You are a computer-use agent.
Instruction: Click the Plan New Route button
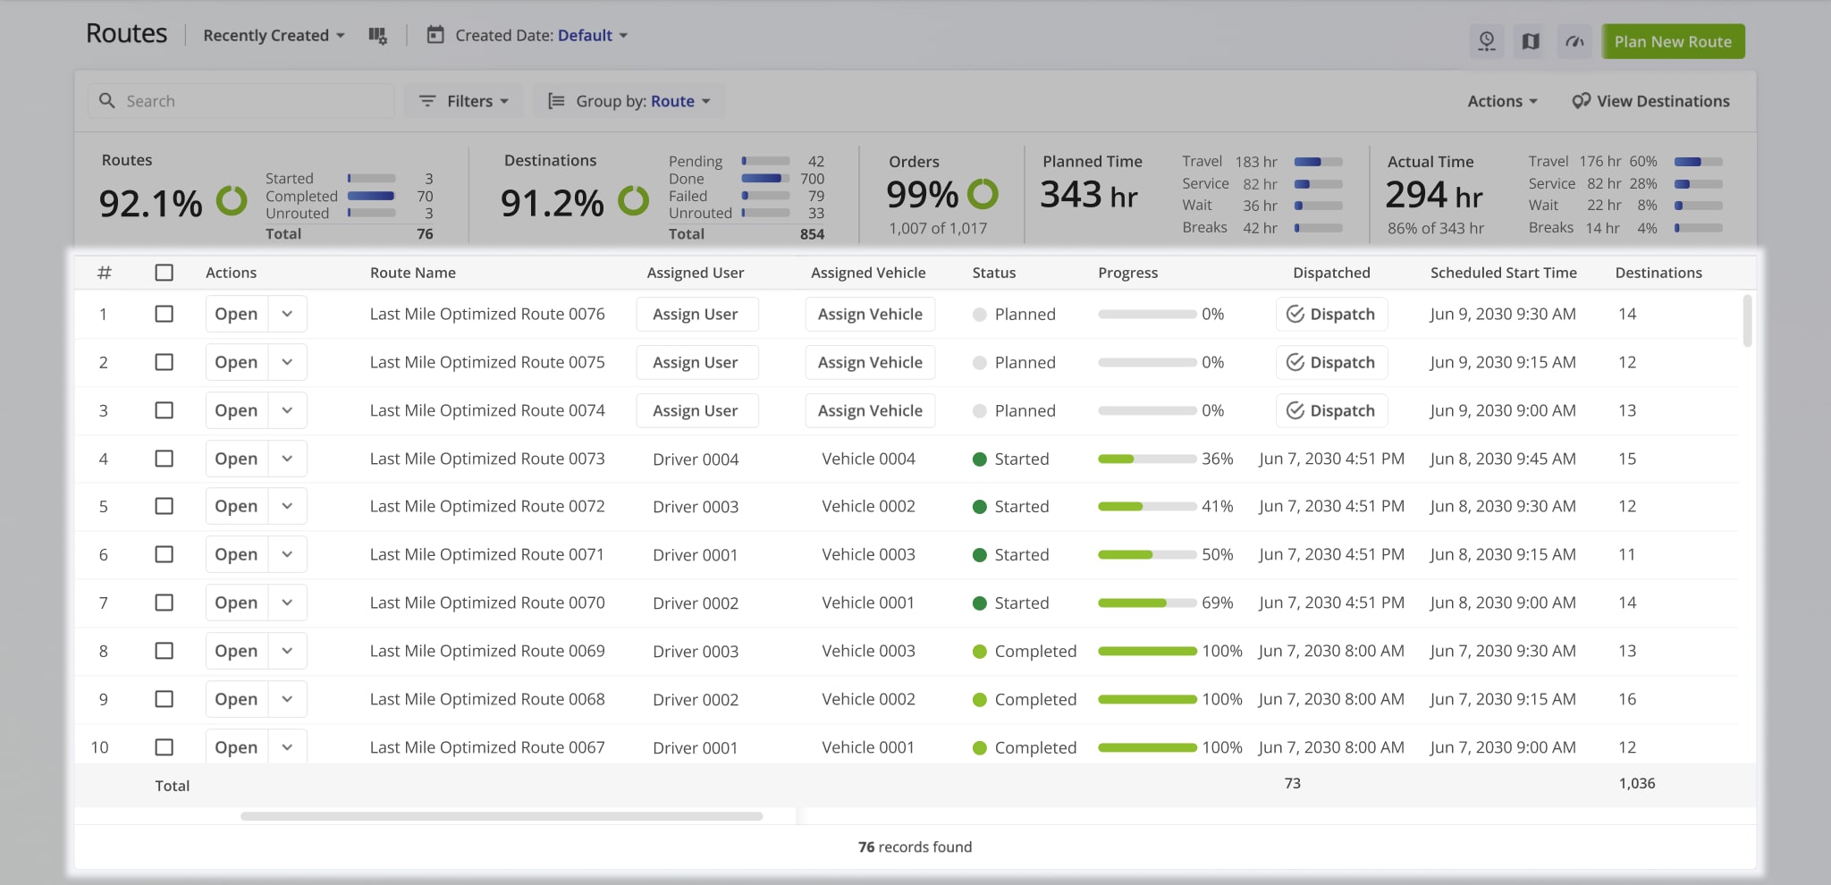(1672, 41)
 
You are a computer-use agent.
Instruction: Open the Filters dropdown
(464, 101)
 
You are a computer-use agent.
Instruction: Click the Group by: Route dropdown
(629, 101)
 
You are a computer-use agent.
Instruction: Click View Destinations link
(1650, 101)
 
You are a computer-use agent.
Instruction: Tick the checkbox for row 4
(164, 459)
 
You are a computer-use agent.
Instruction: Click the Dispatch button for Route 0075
(1331, 362)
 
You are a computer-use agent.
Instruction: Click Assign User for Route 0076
(696, 314)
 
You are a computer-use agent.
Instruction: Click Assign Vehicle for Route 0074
(870, 410)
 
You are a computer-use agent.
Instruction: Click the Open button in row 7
(236, 603)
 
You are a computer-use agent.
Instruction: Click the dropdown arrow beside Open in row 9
(287, 699)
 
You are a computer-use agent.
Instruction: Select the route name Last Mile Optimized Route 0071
(486, 554)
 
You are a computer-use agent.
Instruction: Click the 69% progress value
(1217, 603)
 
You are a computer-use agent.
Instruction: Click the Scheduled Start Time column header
(1503, 273)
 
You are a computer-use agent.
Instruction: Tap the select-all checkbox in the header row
(164, 273)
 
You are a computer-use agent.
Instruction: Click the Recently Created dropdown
(274, 36)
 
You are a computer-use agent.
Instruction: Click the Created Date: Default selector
(527, 36)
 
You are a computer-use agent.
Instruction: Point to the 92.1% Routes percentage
(150, 204)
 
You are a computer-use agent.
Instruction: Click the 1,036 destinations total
(1636, 783)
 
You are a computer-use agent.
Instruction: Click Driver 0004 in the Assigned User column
(696, 459)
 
